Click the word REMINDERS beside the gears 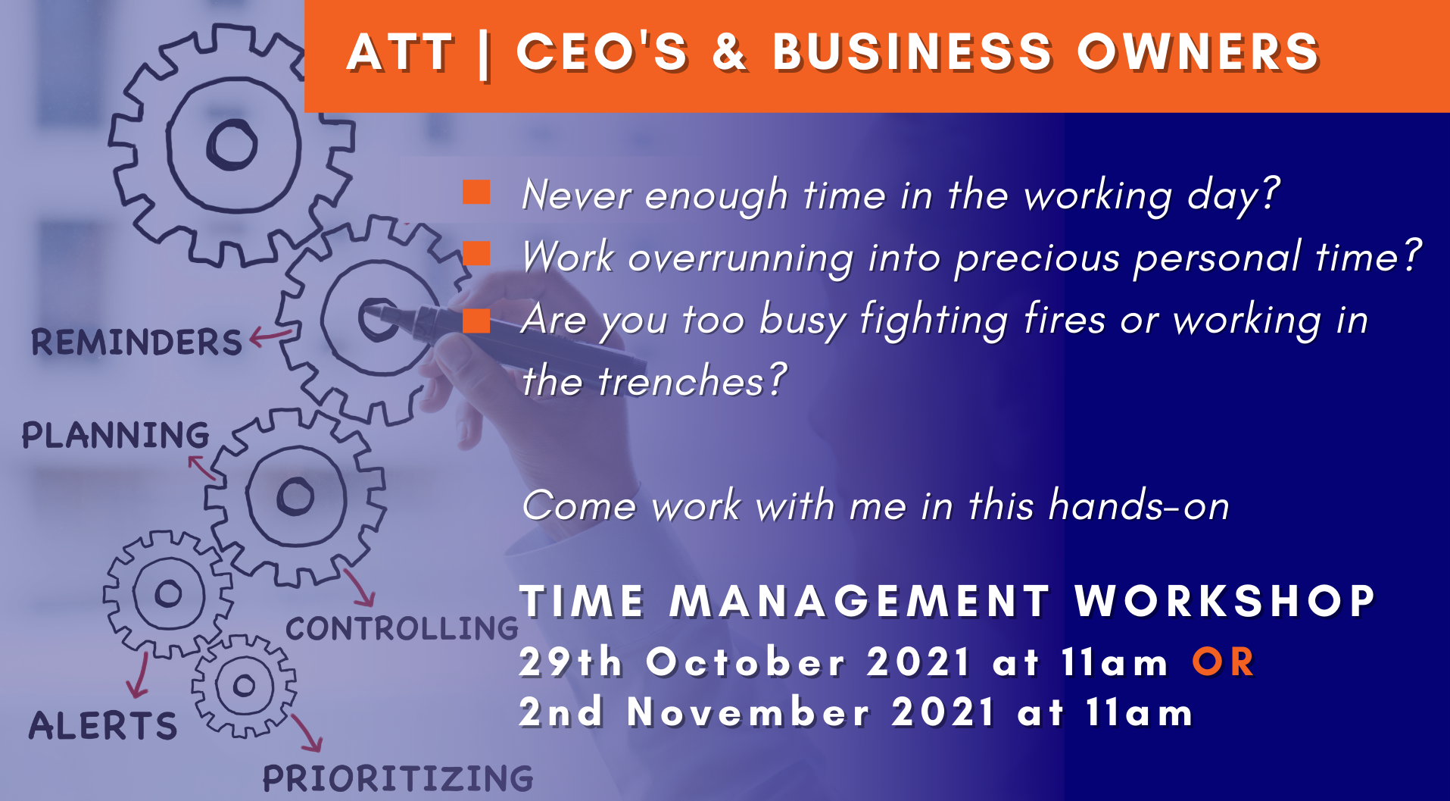tap(136, 343)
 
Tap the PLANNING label tap(115, 435)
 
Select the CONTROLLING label tap(402, 628)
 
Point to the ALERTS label tap(103, 725)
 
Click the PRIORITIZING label tap(398, 778)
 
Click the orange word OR tap(1223, 662)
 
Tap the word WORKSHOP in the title tap(1224, 601)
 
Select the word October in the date tap(745, 662)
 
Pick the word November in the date tap(749, 712)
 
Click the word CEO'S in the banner tap(602, 52)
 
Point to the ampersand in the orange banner tap(729, 52)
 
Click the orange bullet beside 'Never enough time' tap(476, 192)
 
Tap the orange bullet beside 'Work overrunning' tap(476, 253)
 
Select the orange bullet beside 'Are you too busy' tap(476, 321)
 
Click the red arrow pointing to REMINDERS tap(270, 336)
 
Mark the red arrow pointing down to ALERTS tap(139, 674)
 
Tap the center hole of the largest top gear tap(232, 144)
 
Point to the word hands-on tap(1139, 505)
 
